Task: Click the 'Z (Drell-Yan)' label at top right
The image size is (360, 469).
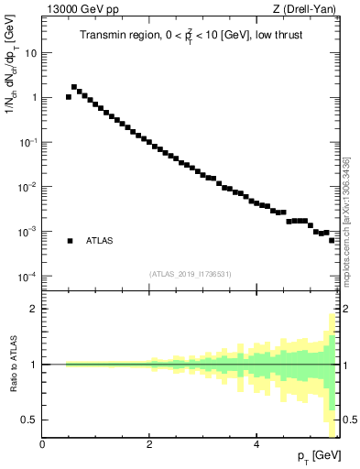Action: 308,10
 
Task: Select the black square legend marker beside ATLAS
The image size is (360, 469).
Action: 70,241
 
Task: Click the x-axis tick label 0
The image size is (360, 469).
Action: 42,443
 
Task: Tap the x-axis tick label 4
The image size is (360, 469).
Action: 256,443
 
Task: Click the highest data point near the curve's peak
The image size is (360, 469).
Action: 74,87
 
